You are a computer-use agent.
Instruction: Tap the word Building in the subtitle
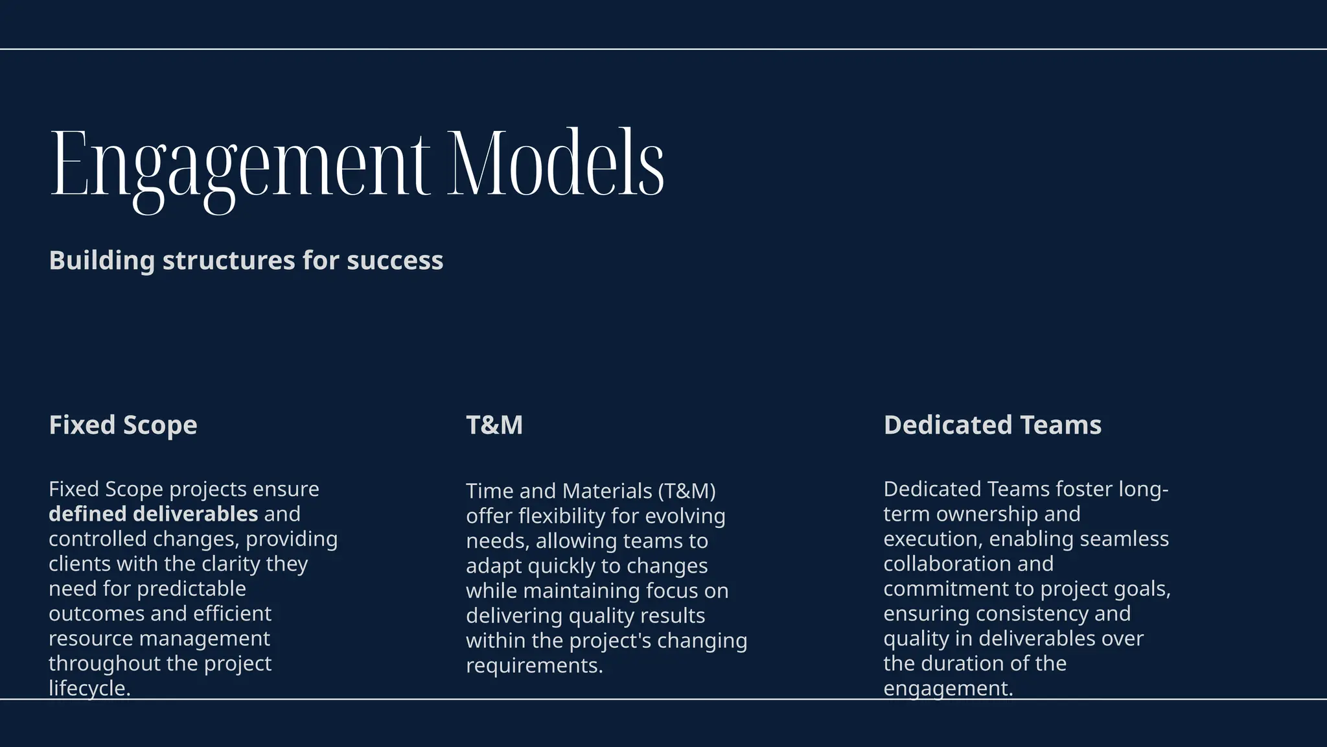[102, 261]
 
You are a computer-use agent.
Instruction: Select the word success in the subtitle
[395, 261]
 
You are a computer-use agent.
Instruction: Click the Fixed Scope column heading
[123, 425]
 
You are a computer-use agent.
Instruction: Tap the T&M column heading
[494, 425]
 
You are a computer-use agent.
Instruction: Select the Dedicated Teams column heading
[992, 425]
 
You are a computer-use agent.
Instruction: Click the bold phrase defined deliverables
[154, 514]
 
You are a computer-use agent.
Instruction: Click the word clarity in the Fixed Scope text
[231, 564]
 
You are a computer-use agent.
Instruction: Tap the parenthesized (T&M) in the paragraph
[687, 492]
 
